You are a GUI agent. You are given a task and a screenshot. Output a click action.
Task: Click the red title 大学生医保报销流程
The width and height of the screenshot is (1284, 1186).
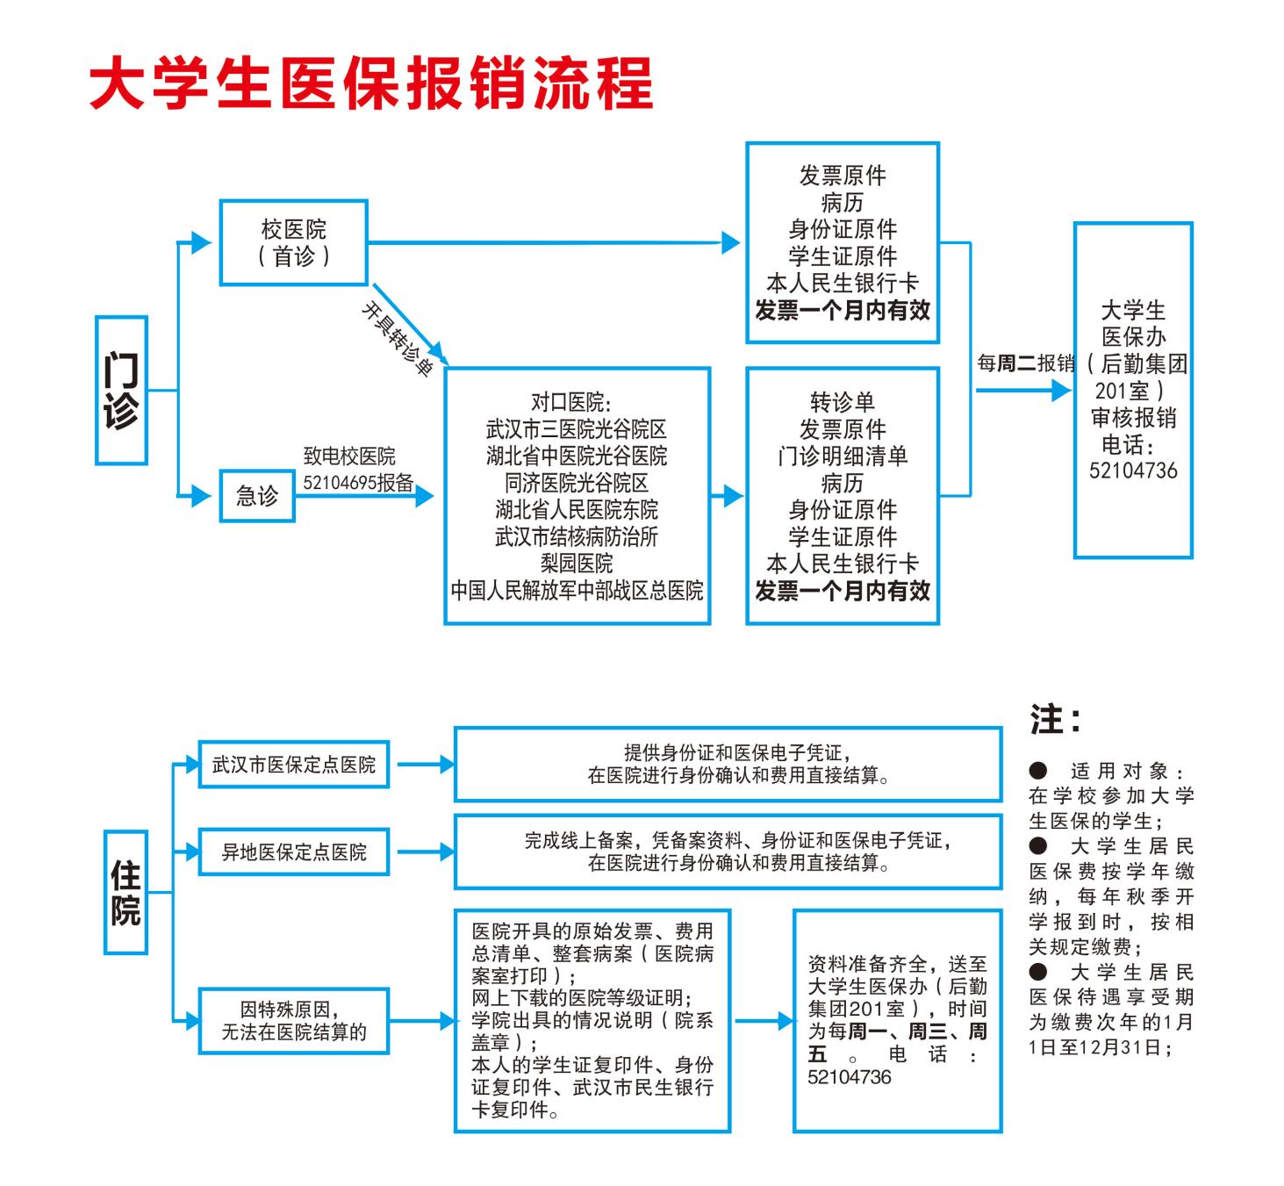[372, 83]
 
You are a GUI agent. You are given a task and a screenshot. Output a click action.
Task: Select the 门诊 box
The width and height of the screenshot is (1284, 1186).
[121, 390]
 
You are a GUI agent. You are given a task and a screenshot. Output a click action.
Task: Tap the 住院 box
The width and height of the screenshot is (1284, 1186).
[126, 892]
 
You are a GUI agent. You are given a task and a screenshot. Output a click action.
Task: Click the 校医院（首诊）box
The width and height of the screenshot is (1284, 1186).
[293, 242]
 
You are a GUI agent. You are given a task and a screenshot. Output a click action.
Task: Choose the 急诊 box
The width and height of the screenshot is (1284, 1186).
[256, 496]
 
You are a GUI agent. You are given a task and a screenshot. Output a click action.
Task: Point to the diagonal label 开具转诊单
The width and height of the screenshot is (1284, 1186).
[398, 340]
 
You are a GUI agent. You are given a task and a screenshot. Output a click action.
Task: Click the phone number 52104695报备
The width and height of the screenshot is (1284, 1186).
[358, 482]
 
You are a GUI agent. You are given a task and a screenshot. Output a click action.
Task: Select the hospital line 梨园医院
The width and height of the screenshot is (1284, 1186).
[577, 563]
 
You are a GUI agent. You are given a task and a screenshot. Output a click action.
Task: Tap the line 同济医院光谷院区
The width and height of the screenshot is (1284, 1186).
[577, 483]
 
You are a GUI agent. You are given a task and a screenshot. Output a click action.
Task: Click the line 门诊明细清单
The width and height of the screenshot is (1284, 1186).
[843, 456]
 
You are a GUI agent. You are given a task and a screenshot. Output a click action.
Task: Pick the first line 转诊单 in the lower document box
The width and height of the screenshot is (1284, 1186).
[843, 402]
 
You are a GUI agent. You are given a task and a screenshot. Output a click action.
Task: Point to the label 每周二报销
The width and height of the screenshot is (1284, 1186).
[1026, 363]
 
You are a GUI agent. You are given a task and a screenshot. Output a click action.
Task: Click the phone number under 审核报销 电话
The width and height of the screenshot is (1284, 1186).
[1133, 470]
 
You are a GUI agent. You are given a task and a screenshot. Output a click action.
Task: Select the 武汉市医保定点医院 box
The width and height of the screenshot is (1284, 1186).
[294, 765]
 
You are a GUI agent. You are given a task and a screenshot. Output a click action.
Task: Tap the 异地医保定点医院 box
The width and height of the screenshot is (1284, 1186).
[294, 852]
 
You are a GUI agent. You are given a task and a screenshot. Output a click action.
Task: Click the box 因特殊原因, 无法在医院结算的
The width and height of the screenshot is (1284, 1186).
[294, 1021]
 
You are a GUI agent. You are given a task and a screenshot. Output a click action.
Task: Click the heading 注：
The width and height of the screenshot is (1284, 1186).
[1056, 720]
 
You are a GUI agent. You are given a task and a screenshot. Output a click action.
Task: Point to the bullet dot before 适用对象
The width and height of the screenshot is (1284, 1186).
[1038, 771]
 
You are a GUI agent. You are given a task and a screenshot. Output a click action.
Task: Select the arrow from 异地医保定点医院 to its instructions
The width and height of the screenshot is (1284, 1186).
[425, 852]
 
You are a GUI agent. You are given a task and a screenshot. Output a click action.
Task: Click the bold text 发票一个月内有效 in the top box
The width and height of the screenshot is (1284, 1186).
[843, 310]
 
